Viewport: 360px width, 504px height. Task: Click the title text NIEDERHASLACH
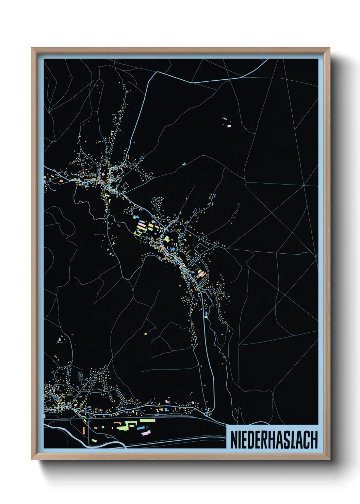coord(274,440)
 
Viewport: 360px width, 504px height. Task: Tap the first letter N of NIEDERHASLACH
coord(234,440)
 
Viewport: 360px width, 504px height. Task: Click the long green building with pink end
coord(147,421)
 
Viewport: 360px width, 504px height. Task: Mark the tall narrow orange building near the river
coord(83,430)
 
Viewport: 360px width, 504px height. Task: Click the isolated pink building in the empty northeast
coord(229,126)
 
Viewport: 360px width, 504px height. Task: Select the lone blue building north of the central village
coord(184,164)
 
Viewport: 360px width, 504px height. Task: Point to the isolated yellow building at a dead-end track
coord(145,334)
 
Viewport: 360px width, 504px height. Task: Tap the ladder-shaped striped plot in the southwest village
coord(81,377)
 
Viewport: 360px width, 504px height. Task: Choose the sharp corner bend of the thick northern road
coord(156,73)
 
